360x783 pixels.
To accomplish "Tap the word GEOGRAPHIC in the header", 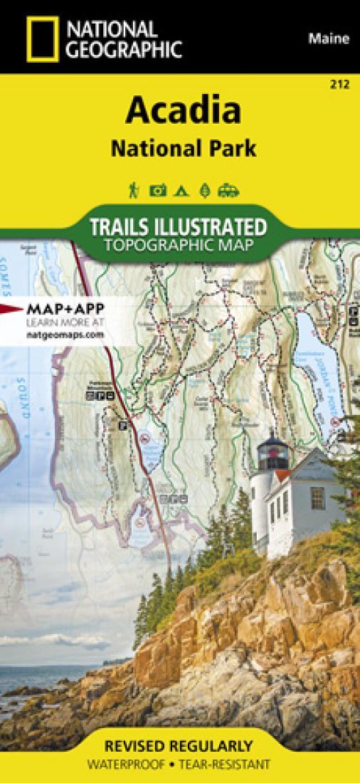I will (122, 49).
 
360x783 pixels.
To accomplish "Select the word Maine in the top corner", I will (329, 39).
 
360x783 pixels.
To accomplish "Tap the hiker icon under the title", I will (133, 190).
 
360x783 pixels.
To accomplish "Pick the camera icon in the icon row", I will (157, 190).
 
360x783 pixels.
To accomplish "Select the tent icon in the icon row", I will (182, 190).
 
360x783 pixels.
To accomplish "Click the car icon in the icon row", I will (229, 190).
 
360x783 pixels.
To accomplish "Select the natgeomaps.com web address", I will (60, 334).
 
